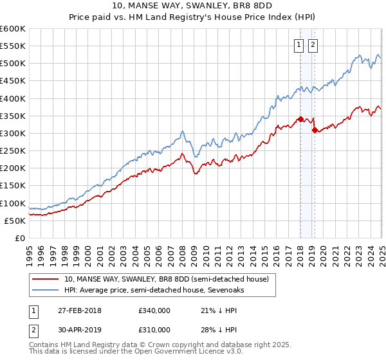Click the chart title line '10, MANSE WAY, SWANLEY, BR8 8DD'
[192, 6]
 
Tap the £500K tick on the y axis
[13, 64]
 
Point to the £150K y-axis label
[13, 186]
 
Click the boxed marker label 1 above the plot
[300, 45]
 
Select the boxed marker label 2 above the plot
[313, 45]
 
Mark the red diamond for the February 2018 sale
[300, 119]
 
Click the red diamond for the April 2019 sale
[315, 130]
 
